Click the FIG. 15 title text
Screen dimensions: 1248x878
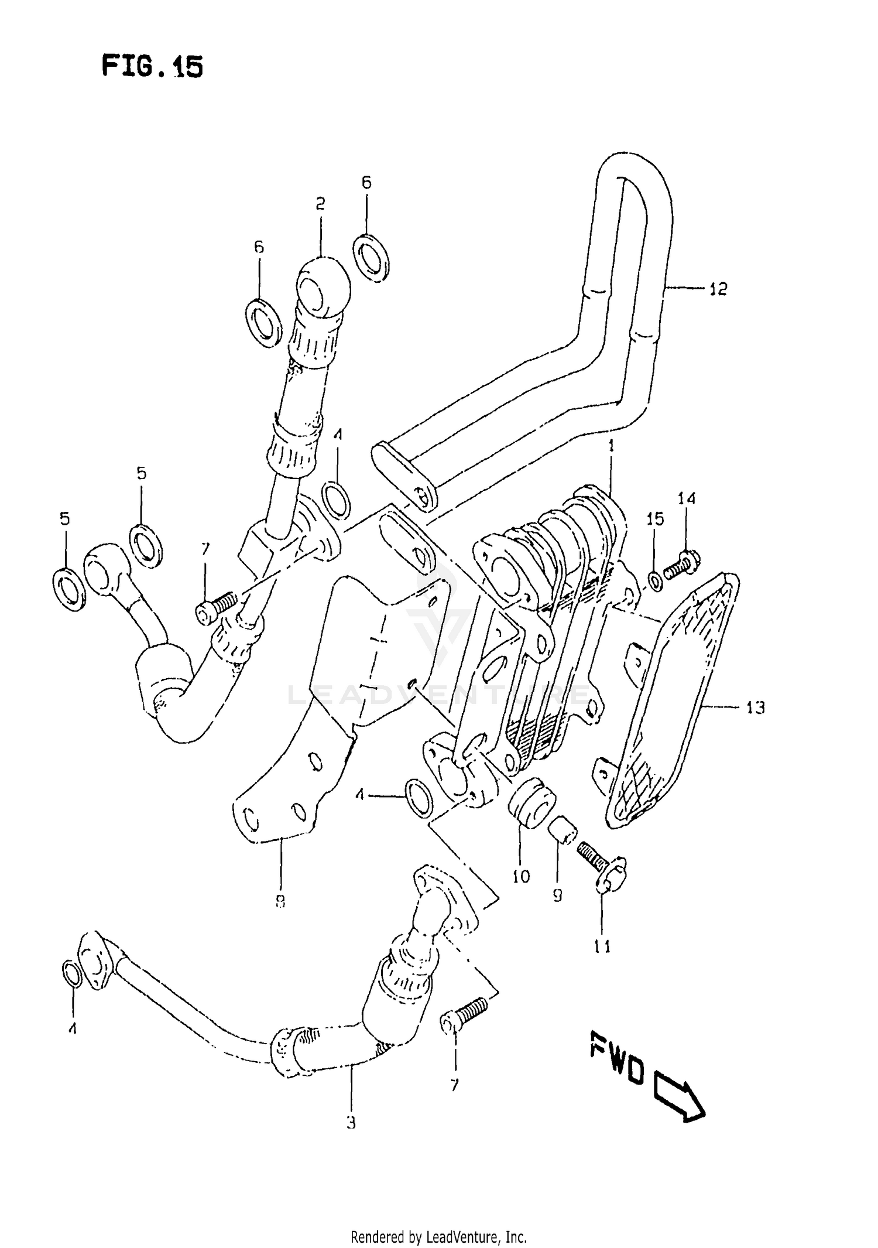(152, 66)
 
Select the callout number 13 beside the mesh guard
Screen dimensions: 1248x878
(755, 707)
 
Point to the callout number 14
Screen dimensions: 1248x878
(687, 498)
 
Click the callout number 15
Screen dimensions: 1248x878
(656, 518)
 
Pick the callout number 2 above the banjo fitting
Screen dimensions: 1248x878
(320, 204)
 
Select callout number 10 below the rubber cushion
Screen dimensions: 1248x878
(520, 876)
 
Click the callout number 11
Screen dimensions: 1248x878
(602, 946)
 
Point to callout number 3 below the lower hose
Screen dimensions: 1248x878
(351, 1123)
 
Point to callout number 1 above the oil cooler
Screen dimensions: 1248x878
(611, 446)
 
